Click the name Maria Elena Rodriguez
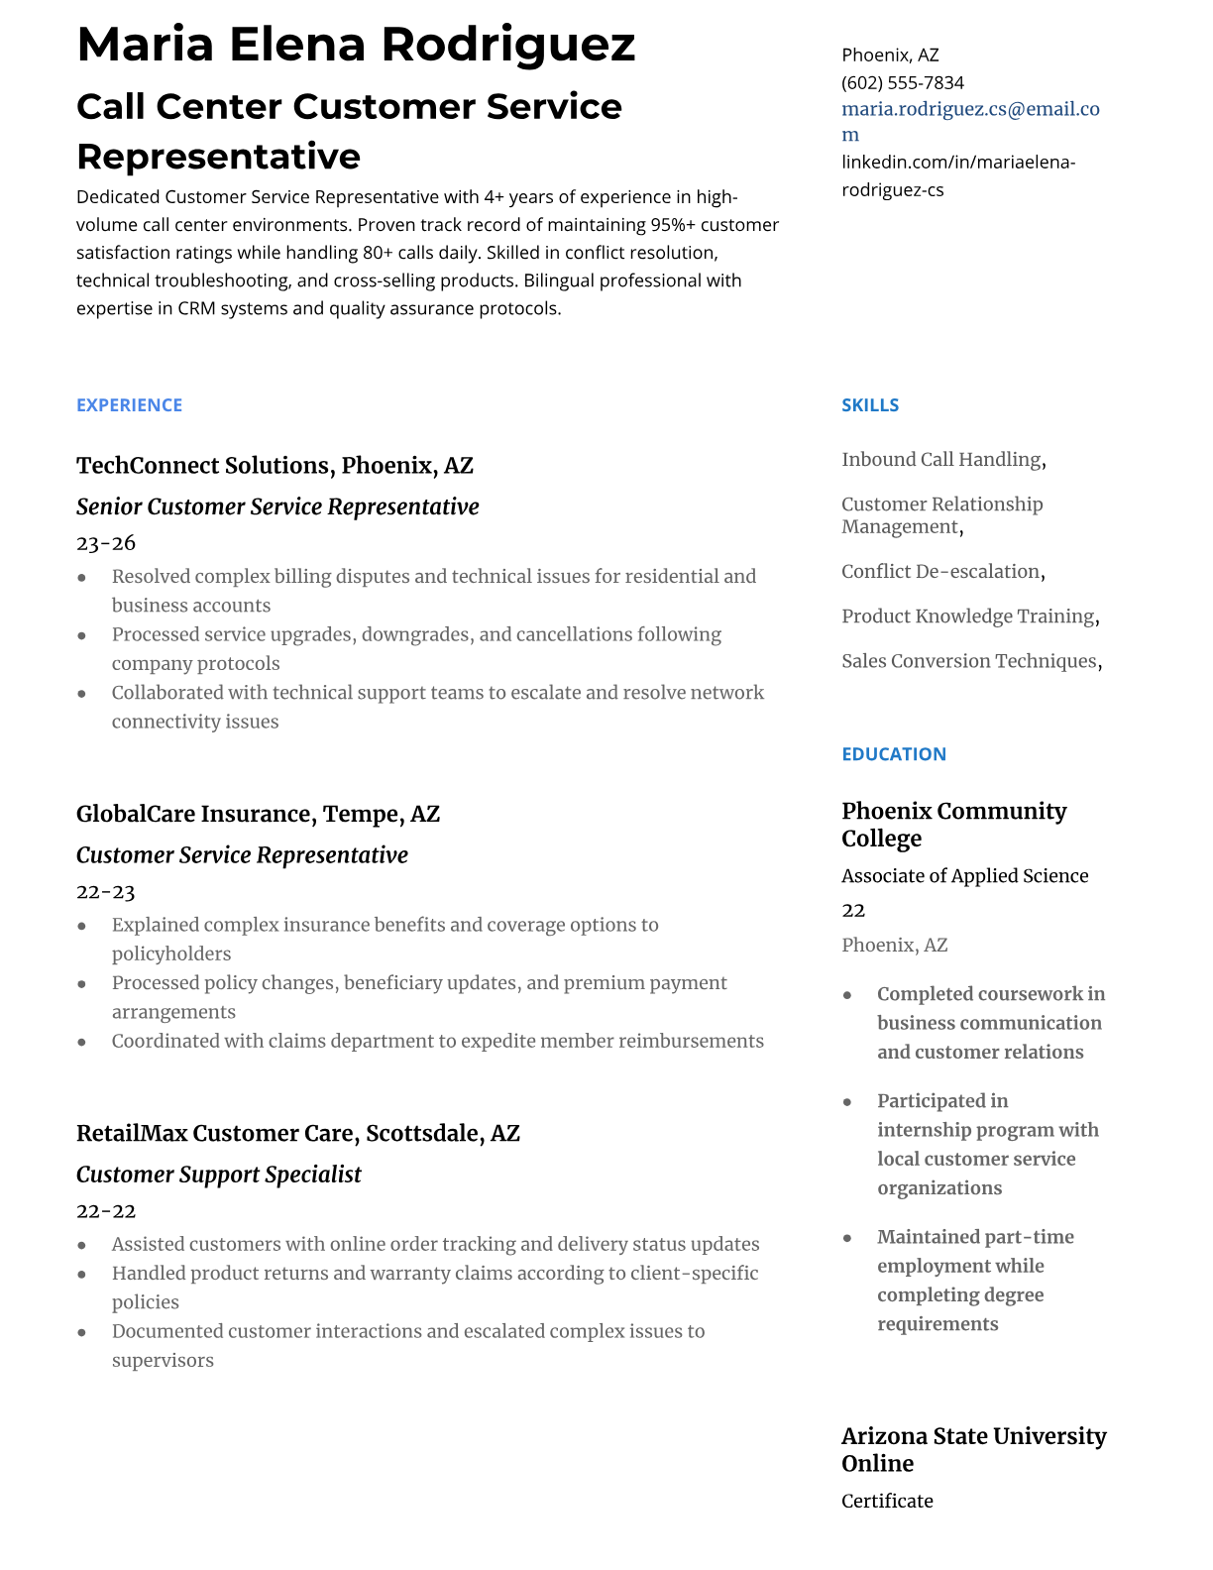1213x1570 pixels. (356, 45)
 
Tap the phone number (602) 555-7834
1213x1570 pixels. (902, 82)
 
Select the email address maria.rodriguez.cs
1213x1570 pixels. (969, 109)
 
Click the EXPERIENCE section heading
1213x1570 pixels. (129, 405)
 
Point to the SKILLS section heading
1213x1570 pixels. (870, 405)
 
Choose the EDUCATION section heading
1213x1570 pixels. (893, 754)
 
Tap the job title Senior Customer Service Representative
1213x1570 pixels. (277, 507)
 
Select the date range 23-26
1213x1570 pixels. (106, 543)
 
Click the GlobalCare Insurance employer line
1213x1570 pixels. (258, 815)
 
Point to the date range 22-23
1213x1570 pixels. (106, 892)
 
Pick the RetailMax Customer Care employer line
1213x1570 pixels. (297, 1134)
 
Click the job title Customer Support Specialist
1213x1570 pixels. (219, 1176)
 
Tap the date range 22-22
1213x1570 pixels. (106, 1211)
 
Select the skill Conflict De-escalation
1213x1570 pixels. (941, 572)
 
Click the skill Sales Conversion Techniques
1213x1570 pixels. (970, 661)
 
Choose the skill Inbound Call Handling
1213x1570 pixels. (942, 460)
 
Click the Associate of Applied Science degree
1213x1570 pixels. (964, 876)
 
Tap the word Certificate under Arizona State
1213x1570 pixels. (887, 1502)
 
